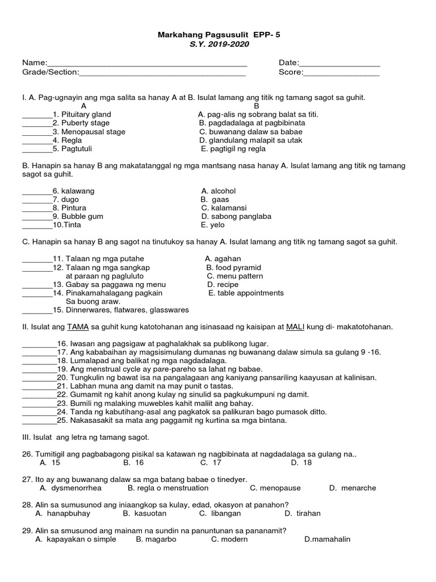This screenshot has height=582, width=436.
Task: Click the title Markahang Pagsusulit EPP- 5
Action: click(219, 35)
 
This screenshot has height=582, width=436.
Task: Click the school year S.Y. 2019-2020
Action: click(219, 44)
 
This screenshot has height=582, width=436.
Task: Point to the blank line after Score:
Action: click(341, 73)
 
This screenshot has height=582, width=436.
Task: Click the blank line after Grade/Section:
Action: click(162, 73)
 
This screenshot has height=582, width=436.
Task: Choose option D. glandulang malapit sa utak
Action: click(251, 140)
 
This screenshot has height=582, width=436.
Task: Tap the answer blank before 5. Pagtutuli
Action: click(37, 149)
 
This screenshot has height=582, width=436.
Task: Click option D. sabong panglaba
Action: click(236, 217)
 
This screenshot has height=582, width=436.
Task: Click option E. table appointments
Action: click(246, 293)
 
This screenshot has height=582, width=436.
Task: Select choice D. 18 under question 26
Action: click(301, 463)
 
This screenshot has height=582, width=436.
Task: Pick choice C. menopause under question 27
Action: click(275, 488)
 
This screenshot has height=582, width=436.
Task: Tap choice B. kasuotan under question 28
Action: click(144, 513)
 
